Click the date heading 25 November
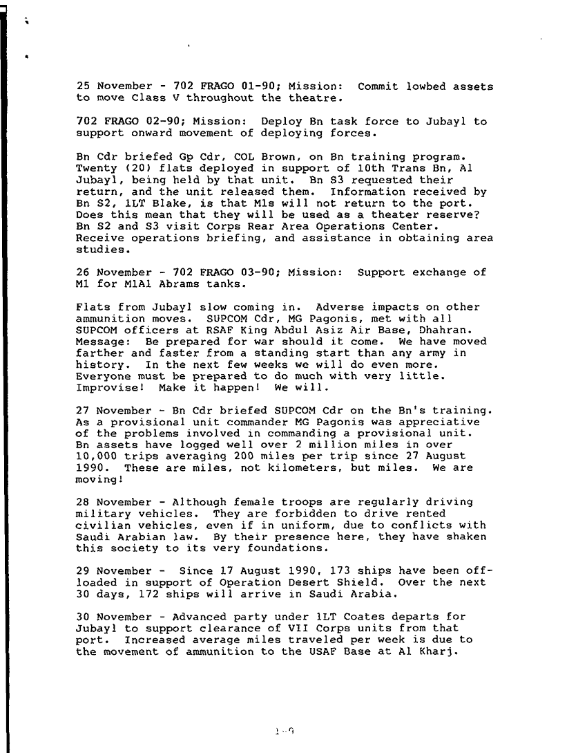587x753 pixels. [108, 86]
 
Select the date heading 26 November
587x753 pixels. [108, 272]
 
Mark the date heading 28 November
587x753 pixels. [108, 501]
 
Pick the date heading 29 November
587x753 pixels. [108, 571]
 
